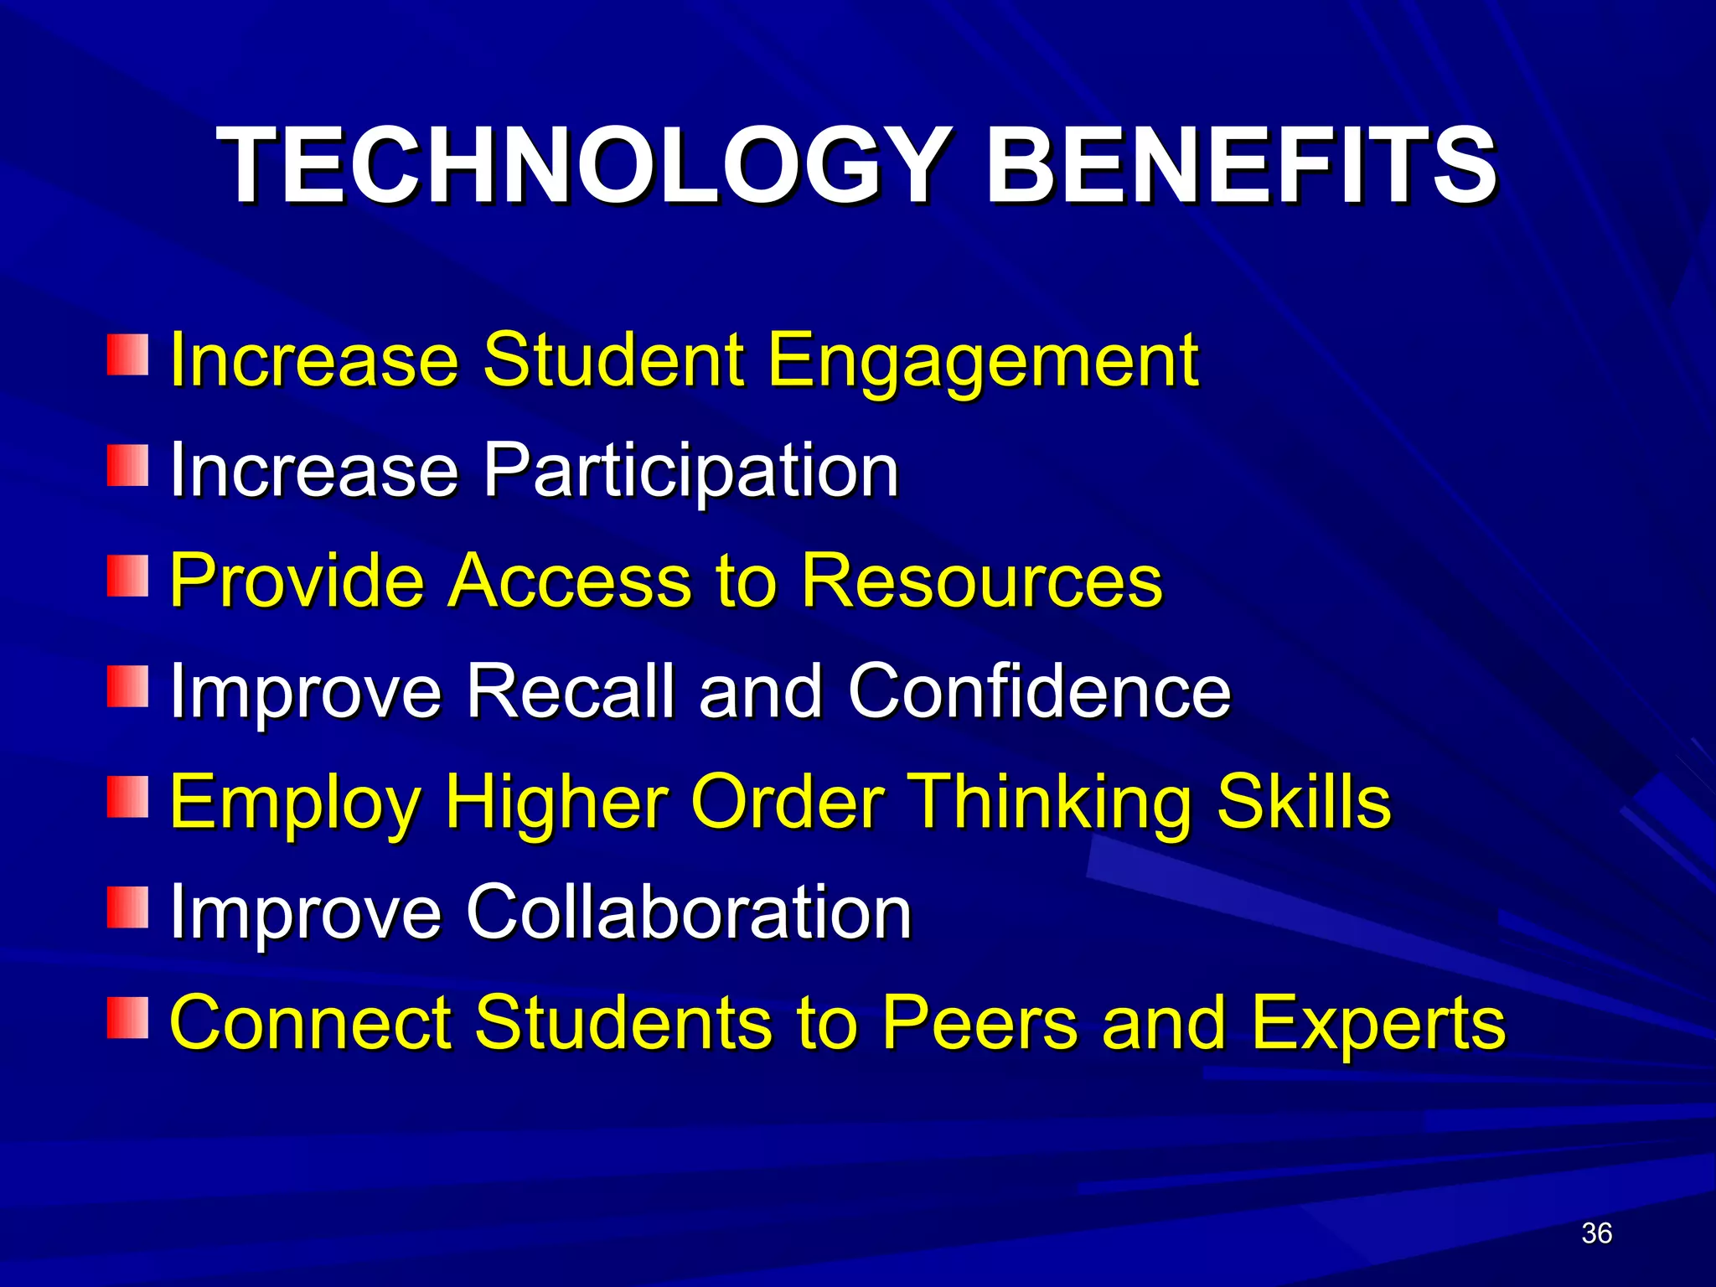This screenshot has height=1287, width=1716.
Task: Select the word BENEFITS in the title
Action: pyautogui.click(x=1241, y=165)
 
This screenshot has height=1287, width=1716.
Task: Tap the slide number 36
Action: pyautogui.click(x=1596, y=1233)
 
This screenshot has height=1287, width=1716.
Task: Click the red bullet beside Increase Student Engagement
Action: pyautogui.click(x=127, y=354)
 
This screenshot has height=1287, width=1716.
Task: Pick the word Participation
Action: pyautogui.click(x=690, y=471)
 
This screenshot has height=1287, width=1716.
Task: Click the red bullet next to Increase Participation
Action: pyautogui.click(x=127, y=465)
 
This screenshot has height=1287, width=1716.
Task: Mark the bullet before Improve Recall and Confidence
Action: pyautogui.click(x=127, y=686)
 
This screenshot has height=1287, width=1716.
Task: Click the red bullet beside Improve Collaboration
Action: pyautogui.click(x=127, y=907)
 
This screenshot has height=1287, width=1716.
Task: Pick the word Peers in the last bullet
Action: pyautogui.click(x=980, y=1024)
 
